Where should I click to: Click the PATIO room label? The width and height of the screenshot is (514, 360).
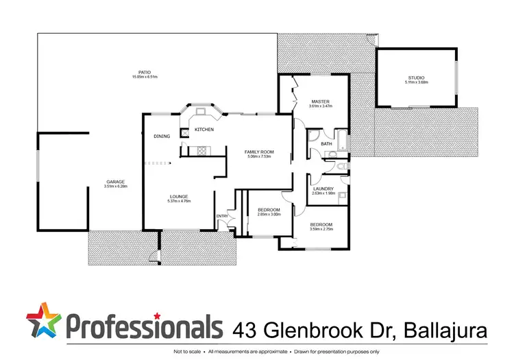pyautogui.click(x=145, y=71)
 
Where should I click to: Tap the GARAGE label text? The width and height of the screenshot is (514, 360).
pyautogui.click(x=115, y=182)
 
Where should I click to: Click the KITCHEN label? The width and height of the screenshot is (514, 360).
pyautogui.click(x=204, y=130)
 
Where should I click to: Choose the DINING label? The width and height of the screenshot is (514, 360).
pyautogui.click(x=162, y=136)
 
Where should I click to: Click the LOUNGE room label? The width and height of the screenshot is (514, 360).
pyautogui.click(x=178, y=197)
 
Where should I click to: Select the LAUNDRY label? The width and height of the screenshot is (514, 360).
pyautogui.click(x=322, y=189)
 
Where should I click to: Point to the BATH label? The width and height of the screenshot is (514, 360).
pyautogui.click(x=327, y=144)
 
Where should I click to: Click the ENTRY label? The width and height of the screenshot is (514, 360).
pyautogui.click(x=222, y=217)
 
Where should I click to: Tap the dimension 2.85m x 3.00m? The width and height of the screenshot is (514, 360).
pyautogui.click(x=268, y=214)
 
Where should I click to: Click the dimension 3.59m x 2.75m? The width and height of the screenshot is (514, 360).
pyautogui.click(x=321, y=230)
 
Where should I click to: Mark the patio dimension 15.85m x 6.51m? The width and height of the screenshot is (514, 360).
pyautogui.click(x=145, y=76)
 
